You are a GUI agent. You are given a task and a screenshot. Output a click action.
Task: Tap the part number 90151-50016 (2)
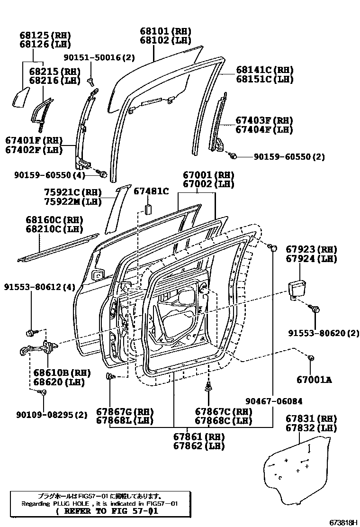pos(99,58)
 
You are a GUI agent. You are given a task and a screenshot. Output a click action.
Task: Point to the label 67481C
pos(151,191)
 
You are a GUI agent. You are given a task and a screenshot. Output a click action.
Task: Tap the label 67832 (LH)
pos(311,428)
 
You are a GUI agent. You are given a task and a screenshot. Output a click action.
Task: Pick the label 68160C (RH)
pos(54,220)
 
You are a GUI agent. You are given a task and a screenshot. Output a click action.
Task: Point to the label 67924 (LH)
pos(311,259)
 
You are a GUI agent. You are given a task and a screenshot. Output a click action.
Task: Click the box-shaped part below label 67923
pos(298,289)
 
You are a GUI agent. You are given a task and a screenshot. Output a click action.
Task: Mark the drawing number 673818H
pos(337,522)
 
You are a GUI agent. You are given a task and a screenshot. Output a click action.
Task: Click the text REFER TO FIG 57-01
pos(107,511)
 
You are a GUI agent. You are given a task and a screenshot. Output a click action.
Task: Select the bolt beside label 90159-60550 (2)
pos(233,155)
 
